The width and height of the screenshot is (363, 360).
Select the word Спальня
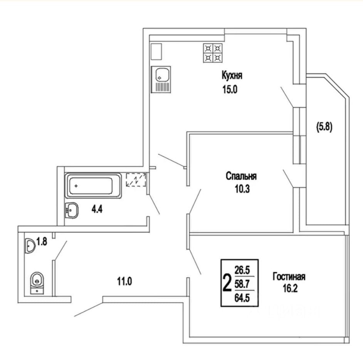pyautogui.click(x=241, y=176)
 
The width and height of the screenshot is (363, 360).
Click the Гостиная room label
pyautogui.click(x=289, y=277)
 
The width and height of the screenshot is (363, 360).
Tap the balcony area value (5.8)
pyautogui.click(x=324, y=127)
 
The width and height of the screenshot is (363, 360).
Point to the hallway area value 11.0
pyautogui.click(x=124, y=282)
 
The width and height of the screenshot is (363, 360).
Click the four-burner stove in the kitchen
pyautogui.click(x=213, y=53)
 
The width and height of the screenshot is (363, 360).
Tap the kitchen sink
pyautogui.click(x=162, y=79)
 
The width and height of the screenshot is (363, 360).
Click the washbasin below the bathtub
pyautogui.click(x=72, y=210)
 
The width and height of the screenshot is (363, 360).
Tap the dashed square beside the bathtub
pyautogui.click(x=136, y=179)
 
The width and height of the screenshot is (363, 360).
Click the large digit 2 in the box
pyautogui.click(x=227, y=283)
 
